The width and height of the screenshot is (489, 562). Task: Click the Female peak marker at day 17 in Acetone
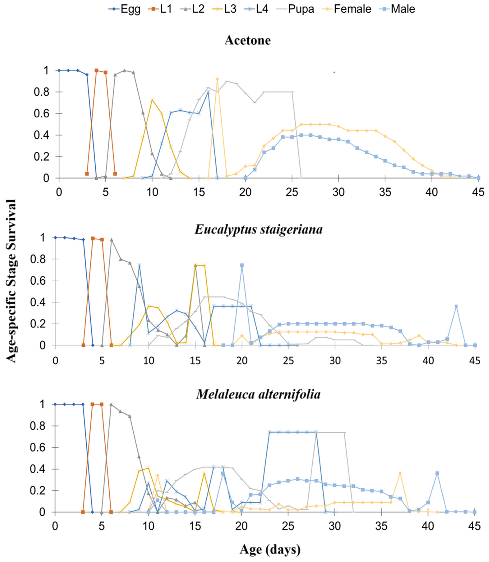point(217,79)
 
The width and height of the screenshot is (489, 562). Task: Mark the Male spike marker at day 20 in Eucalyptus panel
point(242,265)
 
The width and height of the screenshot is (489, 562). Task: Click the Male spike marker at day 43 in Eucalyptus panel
point(456,306)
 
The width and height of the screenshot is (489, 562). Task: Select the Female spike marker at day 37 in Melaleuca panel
point(400,473)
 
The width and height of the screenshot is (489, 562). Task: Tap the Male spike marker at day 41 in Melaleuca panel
point(437,473)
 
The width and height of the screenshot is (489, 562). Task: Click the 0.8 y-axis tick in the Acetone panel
point(42,92)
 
